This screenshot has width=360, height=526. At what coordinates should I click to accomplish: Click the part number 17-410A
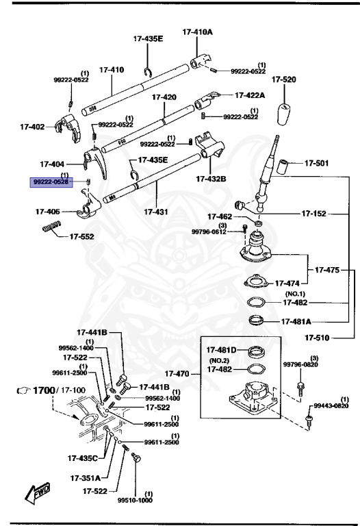tap(197, 32)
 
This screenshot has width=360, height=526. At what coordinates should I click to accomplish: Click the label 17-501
tap(317, 163)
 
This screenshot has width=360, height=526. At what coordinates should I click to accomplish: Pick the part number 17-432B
tap(210, 179)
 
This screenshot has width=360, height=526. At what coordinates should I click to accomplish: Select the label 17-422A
tap(251, 96)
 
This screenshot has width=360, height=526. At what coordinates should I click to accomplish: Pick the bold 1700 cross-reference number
tap(43, 390)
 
